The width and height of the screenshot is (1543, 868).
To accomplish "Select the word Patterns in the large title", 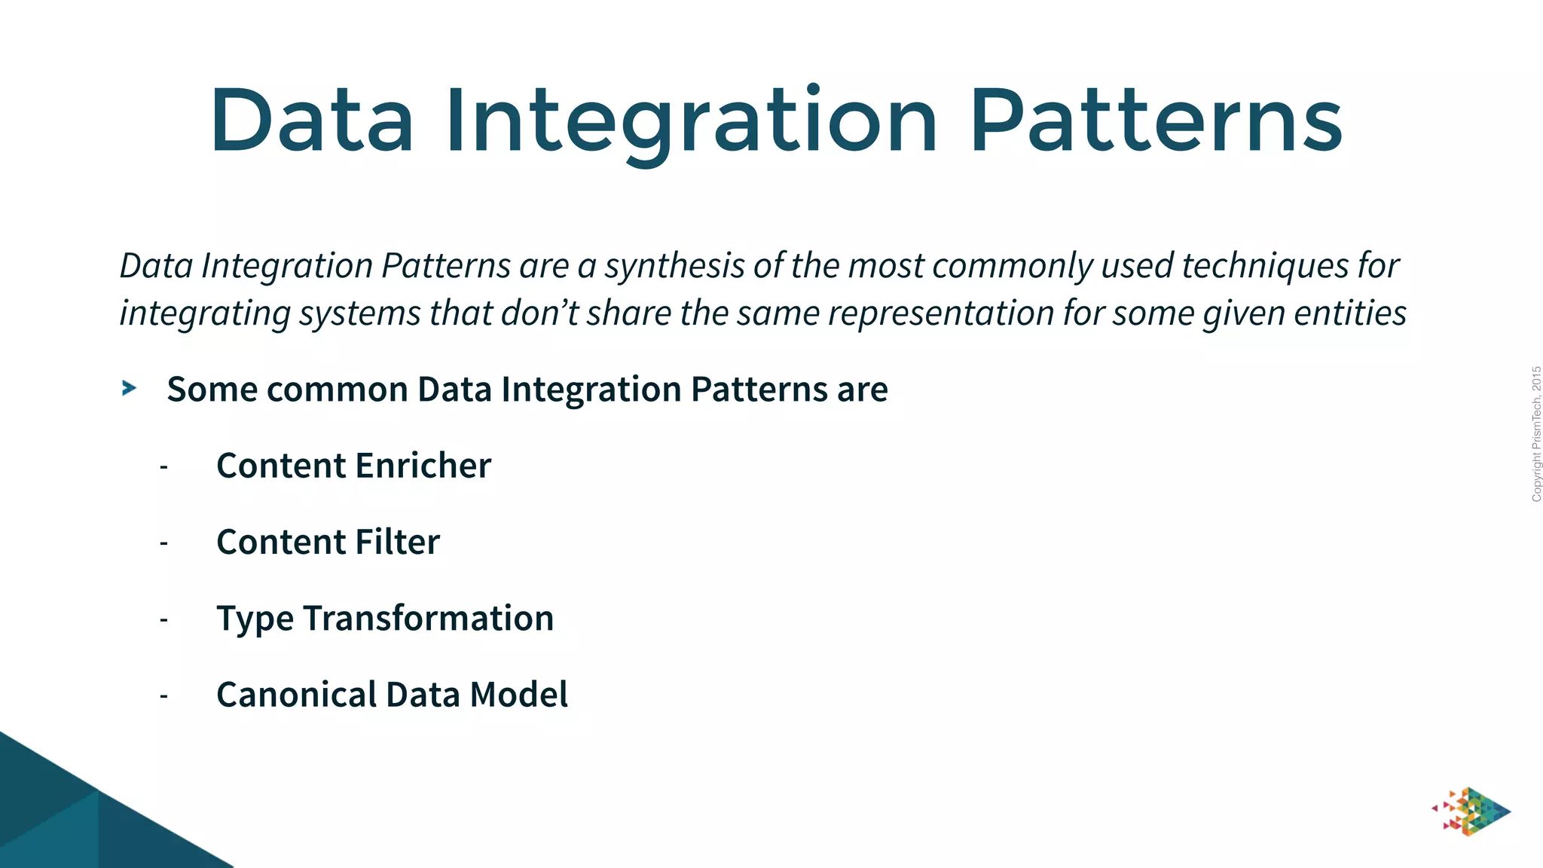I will point(1156,121).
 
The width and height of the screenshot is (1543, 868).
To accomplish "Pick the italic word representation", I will point(940,313).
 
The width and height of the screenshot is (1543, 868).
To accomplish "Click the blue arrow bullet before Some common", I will point(130,389).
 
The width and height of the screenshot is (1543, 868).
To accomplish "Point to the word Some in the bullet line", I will point(212,390).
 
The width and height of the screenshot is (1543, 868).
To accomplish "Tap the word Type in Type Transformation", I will point(255,619).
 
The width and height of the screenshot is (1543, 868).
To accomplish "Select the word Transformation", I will point(428,619).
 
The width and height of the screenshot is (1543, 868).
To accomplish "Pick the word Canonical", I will point(297,695).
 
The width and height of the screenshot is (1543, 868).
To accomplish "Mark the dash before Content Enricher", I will point(163,467).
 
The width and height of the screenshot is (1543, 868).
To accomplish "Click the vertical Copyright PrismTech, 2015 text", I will point(1536,434).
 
